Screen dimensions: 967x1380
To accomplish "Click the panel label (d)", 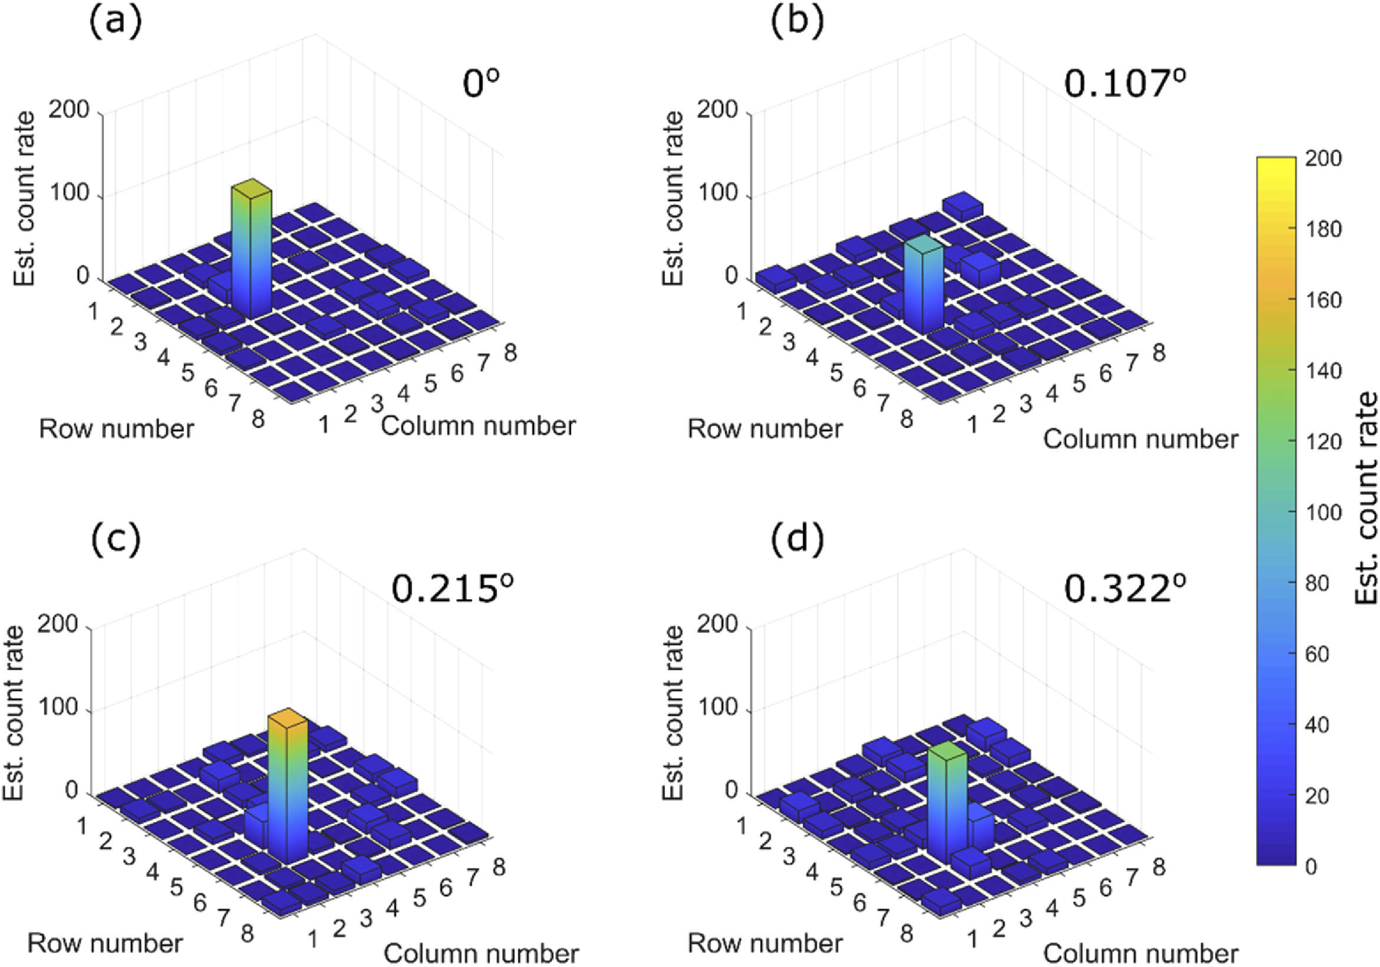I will (797, 538).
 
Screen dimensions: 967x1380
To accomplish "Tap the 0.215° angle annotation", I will (452, 588).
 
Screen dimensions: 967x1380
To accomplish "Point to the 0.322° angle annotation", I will (1125, 588).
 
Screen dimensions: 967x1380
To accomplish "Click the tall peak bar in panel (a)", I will (251, 252).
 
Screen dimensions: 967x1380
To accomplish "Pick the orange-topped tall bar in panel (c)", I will (287, 787).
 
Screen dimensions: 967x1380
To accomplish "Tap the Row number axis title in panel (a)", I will (117, 429).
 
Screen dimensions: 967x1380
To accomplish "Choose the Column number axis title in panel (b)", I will (1140, 439).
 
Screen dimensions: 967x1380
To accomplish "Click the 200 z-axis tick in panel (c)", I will (58, 624).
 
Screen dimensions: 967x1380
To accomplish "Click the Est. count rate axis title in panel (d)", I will (672, 712).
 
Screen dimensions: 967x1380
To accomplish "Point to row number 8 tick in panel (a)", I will (258, 419).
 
